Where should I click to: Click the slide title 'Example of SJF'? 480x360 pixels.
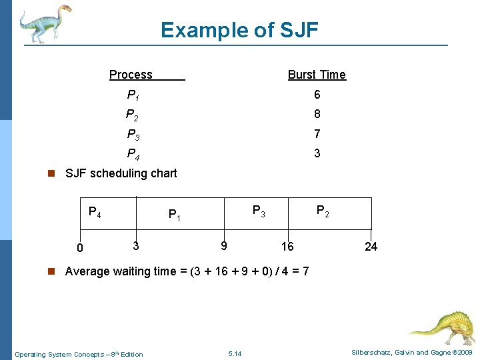pyautogui.click(x=239, y=30)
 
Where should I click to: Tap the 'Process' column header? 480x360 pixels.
pyautogui.click(x=131, y=75)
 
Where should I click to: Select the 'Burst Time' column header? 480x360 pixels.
pyautogui.click(x=317, y=75)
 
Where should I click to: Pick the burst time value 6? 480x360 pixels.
pyautogui.click(x=317, y=95)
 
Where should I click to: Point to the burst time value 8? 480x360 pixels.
pyautogui.click(x=317, y=115)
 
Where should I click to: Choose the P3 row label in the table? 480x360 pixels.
pyautogui.click(x=133, y=135)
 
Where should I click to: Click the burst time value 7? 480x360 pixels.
pyautogui.click(x=317, y=134)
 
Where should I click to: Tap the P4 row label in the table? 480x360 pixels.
pyautogui.click(x=133, y=155)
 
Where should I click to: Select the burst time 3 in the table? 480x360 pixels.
pyautogui.click(x=317, y=153)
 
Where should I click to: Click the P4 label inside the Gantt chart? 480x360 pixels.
pyautogui.click(x=95, y=213)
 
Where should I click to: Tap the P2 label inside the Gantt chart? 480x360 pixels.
pyautogui.click(x=322, y=212)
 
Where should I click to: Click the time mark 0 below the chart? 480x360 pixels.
pyautogui.click(x=79, y=249)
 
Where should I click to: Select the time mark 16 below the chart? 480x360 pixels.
pyautogui.click(x=287, y=247)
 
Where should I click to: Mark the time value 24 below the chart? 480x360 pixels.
pyautogui.click(x=371, y=247)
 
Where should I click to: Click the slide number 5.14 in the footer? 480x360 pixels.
pyautogui.click(x=235, y=353)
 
